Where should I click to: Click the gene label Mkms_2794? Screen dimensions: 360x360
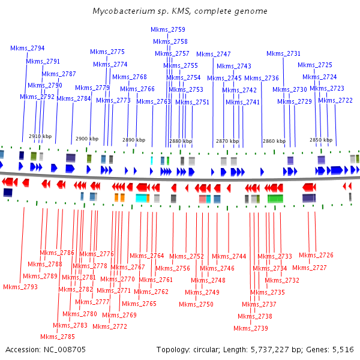pyautogui.click(x=28, y=48)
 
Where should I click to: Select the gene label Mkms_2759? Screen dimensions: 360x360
pyautogui.click(x=167, y=29)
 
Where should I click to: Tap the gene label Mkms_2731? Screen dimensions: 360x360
pyautogui.click(x=283, y=53)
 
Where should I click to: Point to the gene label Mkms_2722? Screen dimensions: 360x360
pyautogui.click(x=335, y=100)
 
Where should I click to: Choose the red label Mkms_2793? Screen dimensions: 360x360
pyautogui.click(x=20, y=287)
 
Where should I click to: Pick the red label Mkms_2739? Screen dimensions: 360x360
pyautogui.click(x=251, y=328)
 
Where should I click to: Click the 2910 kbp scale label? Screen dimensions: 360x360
pyautogui.click(x=40, y=136)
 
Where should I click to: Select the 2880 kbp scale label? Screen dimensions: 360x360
pyautogui.click(x=180, y=142)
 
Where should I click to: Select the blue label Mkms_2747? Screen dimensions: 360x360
pyautogui.click(x=214, y=54)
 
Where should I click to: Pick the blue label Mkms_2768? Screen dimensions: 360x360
pyautogui.click(x=130, y=77)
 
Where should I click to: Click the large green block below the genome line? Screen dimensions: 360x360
pyautogui.click(x=275, y=199)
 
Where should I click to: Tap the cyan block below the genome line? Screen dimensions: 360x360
pyautogui.click(x=142, y=198)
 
